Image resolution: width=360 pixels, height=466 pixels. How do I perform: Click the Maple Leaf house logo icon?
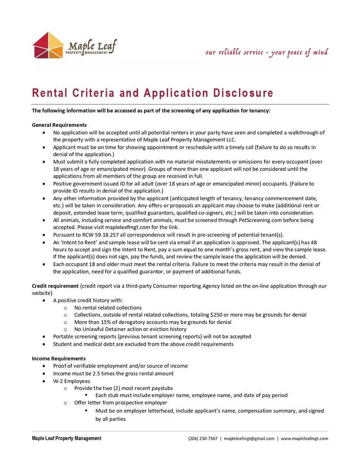48,45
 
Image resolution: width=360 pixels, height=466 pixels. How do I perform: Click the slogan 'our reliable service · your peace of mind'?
266,53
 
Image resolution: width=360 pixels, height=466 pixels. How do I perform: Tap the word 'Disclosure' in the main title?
243,93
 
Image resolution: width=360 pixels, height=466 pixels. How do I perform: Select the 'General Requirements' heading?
59,125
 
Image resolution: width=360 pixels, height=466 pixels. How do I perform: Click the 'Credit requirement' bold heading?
55,286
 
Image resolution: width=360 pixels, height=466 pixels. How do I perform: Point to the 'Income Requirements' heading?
59,359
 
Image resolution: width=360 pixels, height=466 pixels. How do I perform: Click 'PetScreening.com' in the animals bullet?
261,220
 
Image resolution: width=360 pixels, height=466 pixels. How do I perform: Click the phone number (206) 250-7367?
203,439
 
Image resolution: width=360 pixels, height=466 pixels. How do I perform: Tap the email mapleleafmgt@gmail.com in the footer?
249,439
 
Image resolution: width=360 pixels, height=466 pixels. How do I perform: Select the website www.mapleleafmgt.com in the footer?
304,439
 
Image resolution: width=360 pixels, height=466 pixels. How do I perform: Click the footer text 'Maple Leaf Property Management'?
66,438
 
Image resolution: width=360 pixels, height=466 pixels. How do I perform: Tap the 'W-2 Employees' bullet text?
72,381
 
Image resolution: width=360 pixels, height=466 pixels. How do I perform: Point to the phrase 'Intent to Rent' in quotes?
80,242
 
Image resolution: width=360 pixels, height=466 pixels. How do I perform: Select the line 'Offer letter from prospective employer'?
121,403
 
